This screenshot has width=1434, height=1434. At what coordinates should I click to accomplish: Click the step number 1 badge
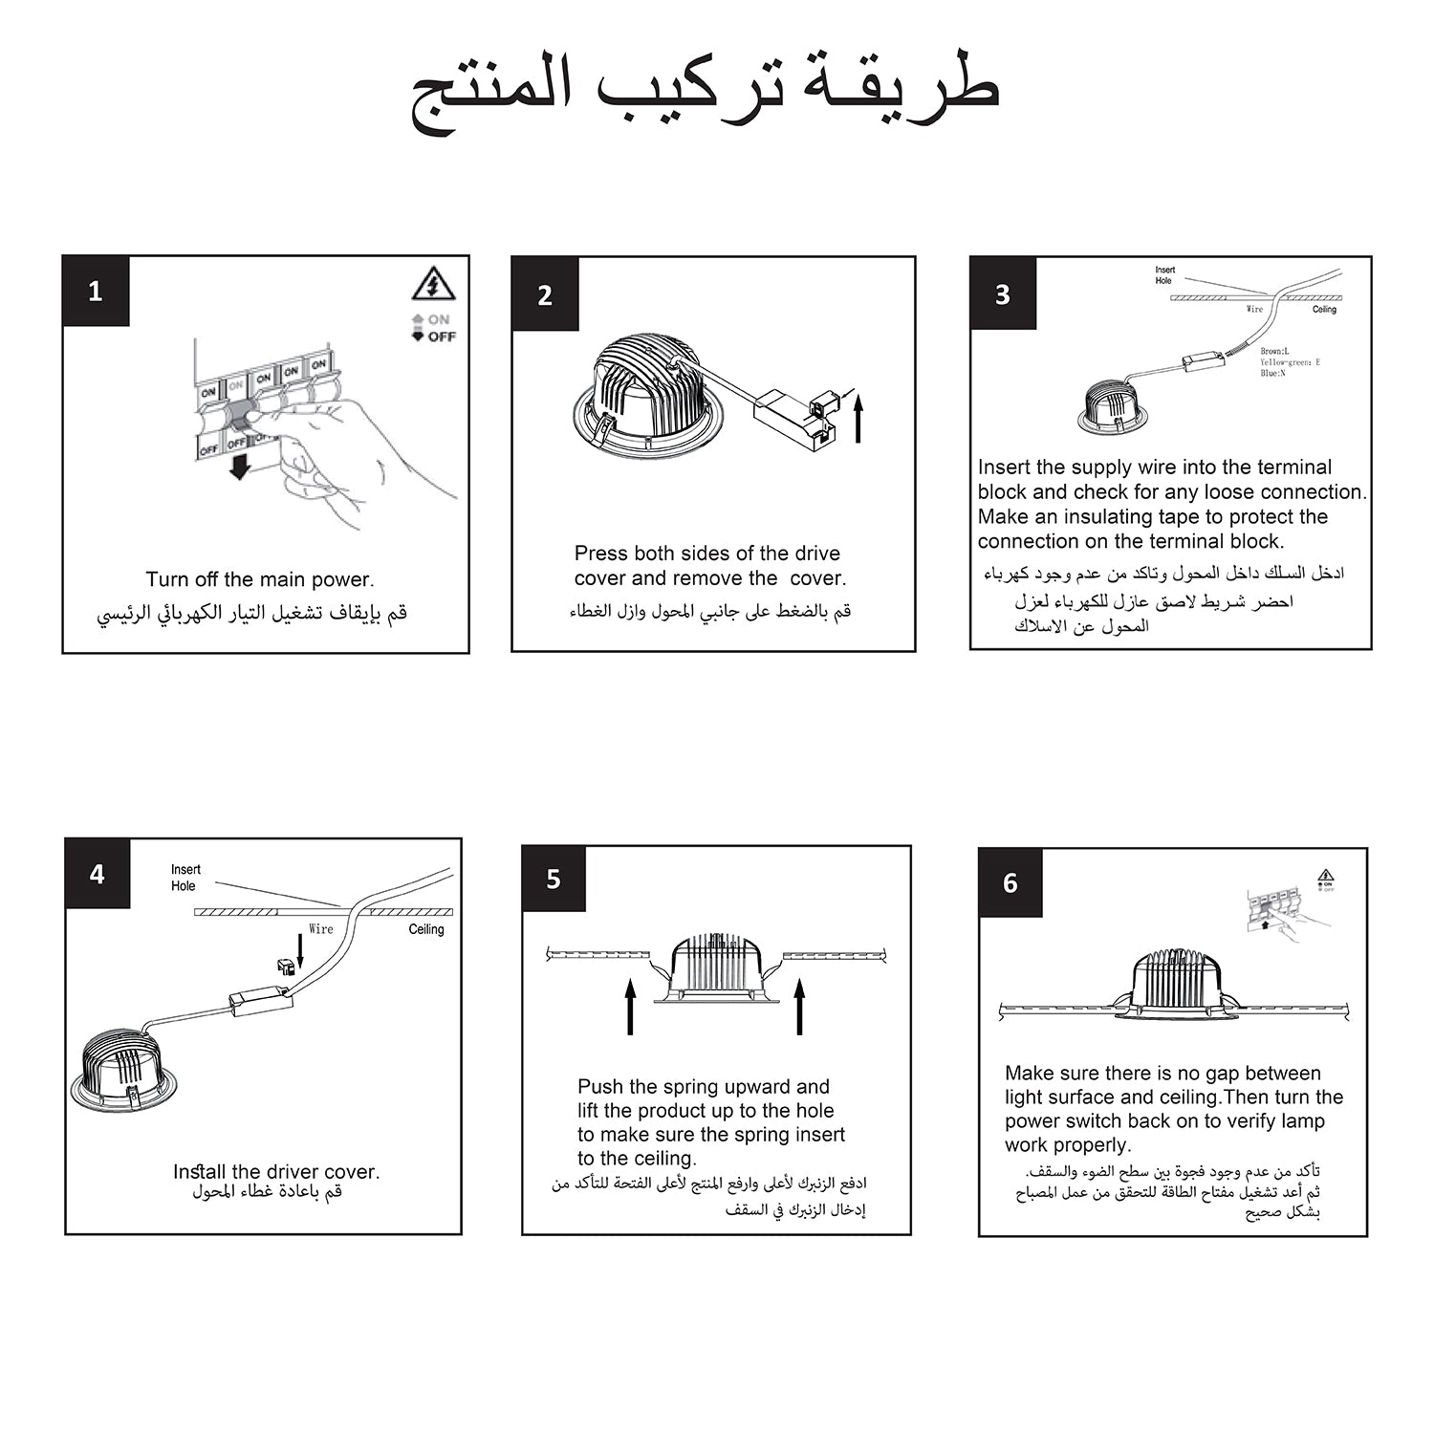96,292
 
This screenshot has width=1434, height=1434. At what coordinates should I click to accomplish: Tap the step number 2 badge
545,294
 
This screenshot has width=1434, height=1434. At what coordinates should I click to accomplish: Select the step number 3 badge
1003,293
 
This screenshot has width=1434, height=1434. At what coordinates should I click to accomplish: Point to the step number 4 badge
98,874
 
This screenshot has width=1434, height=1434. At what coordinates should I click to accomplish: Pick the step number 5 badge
554,880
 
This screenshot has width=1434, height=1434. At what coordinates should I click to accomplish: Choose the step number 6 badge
1010,882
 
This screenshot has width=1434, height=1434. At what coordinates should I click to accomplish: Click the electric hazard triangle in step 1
433,284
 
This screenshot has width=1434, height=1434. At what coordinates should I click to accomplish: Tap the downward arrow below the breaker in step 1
240,467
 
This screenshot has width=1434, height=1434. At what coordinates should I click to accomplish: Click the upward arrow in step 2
858,418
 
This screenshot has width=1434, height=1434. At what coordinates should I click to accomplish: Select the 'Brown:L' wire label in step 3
1274,352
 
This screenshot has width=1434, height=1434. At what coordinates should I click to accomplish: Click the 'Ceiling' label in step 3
1324,310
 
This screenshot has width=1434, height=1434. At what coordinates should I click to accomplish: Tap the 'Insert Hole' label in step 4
185,878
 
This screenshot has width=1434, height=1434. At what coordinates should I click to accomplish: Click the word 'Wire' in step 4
321,929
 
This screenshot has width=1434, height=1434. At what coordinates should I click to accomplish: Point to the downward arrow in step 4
300,950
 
